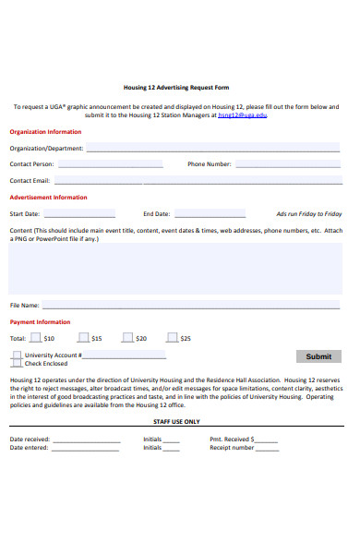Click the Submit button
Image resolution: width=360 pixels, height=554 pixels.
[x=318, y=356]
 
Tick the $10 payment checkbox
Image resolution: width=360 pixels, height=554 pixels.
[x=35, y=338]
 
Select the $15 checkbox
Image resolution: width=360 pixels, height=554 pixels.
[x=83, y=338]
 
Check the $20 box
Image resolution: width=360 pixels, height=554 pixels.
[x=127, y=338]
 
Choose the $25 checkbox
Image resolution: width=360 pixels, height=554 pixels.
[x=172, y=338]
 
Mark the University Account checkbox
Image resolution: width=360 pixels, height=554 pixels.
[x=17, y=355]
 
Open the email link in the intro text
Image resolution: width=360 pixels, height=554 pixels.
[x=244, y=115]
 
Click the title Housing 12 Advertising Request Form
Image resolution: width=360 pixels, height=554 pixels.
[x=176, y=88]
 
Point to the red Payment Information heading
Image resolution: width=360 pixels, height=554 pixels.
[x=40, y=322]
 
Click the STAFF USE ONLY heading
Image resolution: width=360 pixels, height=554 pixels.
[x=176, y=421]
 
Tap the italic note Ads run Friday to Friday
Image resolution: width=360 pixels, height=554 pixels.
[x=308, y=214]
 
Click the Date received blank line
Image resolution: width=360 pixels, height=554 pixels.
[x=86, y=440]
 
